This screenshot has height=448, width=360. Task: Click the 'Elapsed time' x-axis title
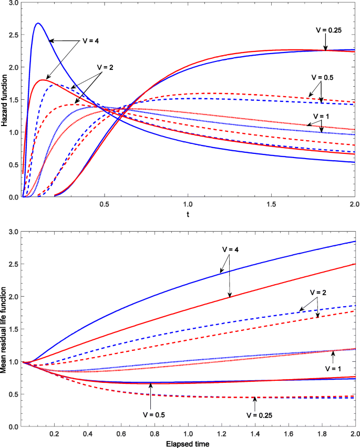click(188, 443)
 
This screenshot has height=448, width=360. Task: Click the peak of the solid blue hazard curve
click(38, 23)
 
